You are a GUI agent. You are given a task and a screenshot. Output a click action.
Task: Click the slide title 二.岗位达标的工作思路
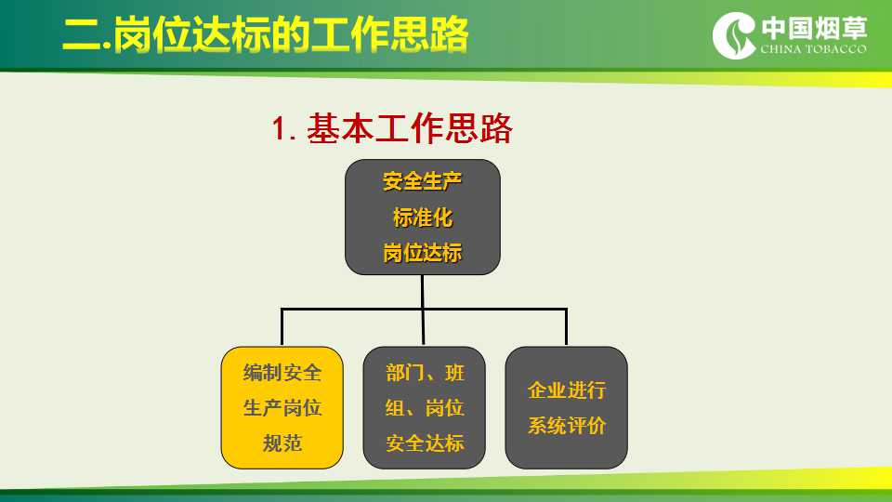(x=265, y=34)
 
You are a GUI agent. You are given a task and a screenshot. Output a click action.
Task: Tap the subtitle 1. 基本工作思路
(x=392, y=128)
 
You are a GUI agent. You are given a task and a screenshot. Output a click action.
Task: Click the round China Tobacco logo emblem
(x=734, y=35)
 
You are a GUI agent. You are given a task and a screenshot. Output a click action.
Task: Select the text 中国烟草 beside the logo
(x=814, y=28)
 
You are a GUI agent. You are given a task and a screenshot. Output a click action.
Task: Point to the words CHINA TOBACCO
(x=814, y=49)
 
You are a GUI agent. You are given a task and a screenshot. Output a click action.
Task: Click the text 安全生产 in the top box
(x=422, y=181)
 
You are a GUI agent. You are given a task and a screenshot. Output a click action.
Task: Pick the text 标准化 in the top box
(x=423, y=218)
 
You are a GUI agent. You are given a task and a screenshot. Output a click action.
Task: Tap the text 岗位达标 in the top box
(x=422, y=253)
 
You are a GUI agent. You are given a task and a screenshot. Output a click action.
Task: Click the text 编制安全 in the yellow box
(x=282, y=373)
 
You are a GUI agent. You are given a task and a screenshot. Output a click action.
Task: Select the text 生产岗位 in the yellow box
(x=282, y=407)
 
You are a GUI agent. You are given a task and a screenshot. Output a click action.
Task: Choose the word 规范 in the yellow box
(x=282, y=443)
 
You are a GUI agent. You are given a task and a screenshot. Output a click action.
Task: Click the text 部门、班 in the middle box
(x=425, y=373)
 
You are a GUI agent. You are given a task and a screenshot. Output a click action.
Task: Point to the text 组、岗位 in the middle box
(x=425, y=407)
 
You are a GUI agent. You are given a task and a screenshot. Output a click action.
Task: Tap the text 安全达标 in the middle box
(x=425, y=443)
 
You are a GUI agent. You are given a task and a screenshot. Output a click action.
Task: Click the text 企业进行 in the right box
(x=567, y=390)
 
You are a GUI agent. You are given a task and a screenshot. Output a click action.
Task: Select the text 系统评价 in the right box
(x=567, y=425)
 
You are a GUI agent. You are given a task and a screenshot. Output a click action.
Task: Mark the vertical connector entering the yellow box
(x=282, y=327)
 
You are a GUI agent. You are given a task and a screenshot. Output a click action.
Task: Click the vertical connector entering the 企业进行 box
(x=566, y=327)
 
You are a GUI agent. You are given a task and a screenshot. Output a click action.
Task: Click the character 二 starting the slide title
(x=83, y=36)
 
